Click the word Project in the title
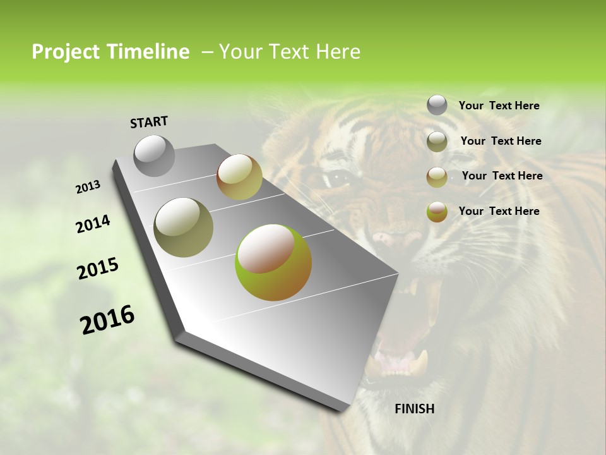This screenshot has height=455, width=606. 66,52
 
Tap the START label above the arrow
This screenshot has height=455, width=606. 149,122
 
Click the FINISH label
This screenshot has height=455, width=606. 415,409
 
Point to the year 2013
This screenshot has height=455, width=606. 88,187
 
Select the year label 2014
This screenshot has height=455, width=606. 93,224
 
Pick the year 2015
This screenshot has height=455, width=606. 98,269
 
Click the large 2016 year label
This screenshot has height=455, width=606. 107,320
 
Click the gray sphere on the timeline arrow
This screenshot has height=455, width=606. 155,155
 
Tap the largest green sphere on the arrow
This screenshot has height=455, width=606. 273,262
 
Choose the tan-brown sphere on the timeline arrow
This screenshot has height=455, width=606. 239,177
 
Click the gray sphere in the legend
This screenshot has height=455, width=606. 437,105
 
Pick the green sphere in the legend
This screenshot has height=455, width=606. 437,212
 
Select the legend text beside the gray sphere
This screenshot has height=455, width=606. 499,106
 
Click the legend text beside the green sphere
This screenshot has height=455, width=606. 499,211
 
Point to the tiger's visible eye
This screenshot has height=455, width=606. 339,179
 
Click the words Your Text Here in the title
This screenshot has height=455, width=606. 290,52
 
